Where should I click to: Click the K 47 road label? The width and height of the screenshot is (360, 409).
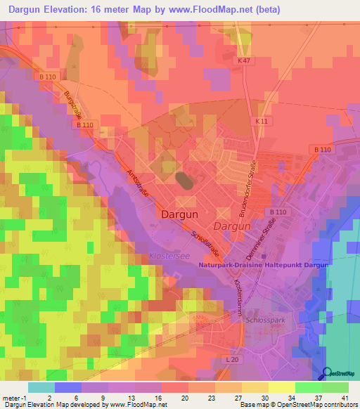[244, 62]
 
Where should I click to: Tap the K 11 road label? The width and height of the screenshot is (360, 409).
[262, 122]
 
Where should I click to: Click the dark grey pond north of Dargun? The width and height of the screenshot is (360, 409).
[184, 181]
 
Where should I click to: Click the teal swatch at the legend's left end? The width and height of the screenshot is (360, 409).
[41, 387]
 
